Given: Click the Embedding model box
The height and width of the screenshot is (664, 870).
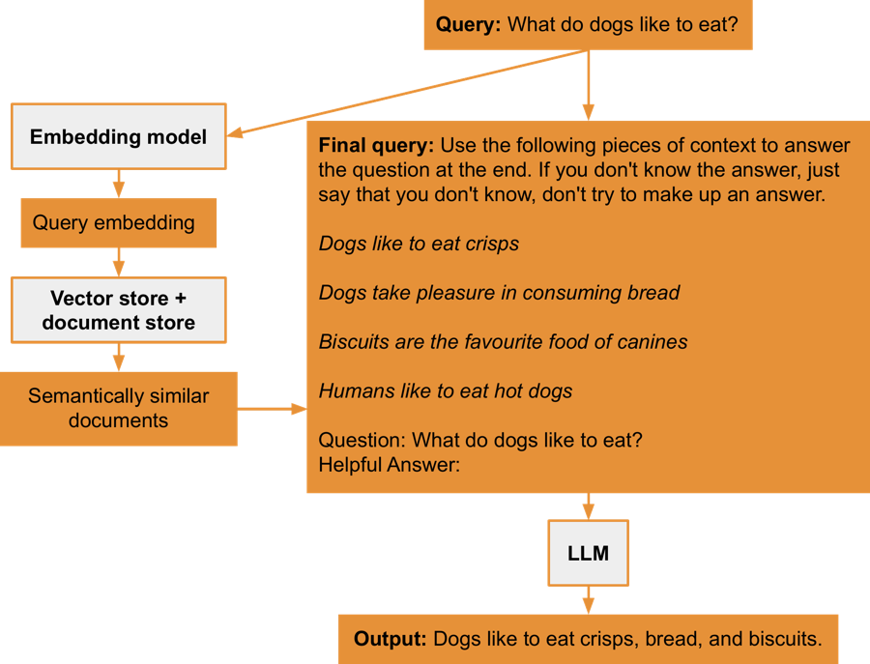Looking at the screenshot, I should (x=118, y=136).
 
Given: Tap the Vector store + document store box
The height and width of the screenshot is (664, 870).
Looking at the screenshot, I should (x=118, y=310).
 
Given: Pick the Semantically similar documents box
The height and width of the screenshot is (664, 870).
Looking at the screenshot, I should (x=118, y=408).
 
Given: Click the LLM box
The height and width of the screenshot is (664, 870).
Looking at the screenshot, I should (x=588, y=554).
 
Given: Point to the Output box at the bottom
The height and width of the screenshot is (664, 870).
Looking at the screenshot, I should (x=588, y=639).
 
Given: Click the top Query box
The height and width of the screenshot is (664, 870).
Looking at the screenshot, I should (x=587, y=24).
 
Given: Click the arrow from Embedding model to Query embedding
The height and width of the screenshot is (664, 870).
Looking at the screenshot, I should (x=118, y=184).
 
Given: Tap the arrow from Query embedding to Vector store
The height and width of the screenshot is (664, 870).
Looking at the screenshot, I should (x=118, y=261).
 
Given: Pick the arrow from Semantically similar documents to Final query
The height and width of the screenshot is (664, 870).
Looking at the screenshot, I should (x=272, y=409).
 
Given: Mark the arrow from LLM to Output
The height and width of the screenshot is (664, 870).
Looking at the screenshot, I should (x=588, y=600).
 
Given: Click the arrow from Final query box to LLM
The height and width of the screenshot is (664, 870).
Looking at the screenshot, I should (x=588, y=506).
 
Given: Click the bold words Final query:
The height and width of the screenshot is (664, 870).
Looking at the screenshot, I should (x=376, y=146).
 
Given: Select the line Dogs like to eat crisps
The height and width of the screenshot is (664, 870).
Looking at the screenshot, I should (x=419, y=244).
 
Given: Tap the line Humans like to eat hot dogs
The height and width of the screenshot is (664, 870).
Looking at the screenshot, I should (x=446, y=391).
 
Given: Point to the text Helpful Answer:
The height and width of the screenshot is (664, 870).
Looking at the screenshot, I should (x=389, y=464).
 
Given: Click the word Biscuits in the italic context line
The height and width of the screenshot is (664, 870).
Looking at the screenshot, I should (x=355, y=342).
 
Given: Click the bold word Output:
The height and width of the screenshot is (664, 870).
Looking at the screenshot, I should (x=390, y=639).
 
